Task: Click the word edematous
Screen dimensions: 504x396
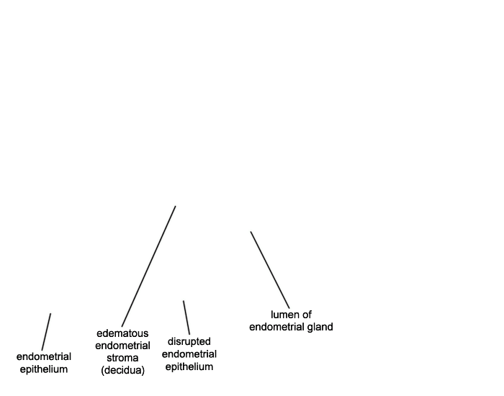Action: pos(122,333)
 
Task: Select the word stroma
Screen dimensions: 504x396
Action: pos(122,358)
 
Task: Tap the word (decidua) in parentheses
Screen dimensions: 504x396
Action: pos(122,370)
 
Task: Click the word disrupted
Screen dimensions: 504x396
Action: pos(189,341)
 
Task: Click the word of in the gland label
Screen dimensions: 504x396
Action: pos(306,315)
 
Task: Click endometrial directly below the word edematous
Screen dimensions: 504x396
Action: pos(122,346)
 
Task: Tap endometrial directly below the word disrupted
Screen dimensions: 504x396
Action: pos(189,354)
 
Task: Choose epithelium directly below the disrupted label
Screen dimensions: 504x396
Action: pos(189,366)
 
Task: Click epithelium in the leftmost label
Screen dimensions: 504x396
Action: pos(44,369)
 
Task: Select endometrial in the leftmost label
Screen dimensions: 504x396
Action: pos(44,356)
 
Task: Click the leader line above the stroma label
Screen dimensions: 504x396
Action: pos(148,266)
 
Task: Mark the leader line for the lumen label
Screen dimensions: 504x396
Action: pos(270,270)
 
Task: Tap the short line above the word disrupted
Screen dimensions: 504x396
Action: pos(186,318)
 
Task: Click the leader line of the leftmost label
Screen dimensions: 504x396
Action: pos(46,332)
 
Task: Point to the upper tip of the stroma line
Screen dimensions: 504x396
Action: pos(176,206)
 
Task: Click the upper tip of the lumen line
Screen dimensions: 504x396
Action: pos(251,231)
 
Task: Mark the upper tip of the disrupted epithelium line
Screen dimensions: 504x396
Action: pos(184,301)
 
